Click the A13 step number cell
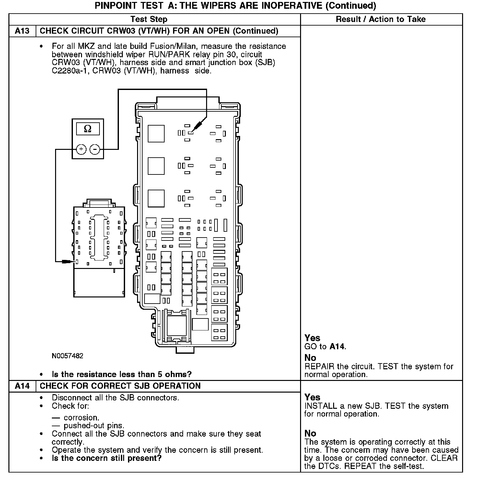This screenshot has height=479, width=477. (x=22, y=31)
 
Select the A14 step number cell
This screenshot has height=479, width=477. (x=22, y=386)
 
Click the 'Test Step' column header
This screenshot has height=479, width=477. (x=149, y=19)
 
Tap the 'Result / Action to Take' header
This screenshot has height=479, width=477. (x=380, y=19)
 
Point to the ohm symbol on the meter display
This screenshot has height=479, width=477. (x=87, y=129)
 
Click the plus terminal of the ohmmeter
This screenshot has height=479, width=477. (x=81, y=149)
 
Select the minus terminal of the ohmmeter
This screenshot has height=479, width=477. (x=95, y=149)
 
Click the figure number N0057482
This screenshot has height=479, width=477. (x=67, y=356)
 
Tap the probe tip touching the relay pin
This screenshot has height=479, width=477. (x=192, y=131)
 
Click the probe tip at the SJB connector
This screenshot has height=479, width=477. (x=75, y=262)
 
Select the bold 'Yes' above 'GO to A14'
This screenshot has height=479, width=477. (x=312, y=338)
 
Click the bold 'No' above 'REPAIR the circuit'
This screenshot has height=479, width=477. (x=310, y=358)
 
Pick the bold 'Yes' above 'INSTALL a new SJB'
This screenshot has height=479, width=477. (x=312, y=397)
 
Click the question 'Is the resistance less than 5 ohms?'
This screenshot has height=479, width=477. (x=122, y=374)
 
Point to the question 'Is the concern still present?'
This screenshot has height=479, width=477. (x=107, y=458)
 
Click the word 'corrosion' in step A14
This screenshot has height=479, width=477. (x=81, y=418)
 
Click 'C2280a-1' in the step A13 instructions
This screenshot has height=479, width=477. (x=70, y=71)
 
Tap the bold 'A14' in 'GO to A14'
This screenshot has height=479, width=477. (x=337, y=347)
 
